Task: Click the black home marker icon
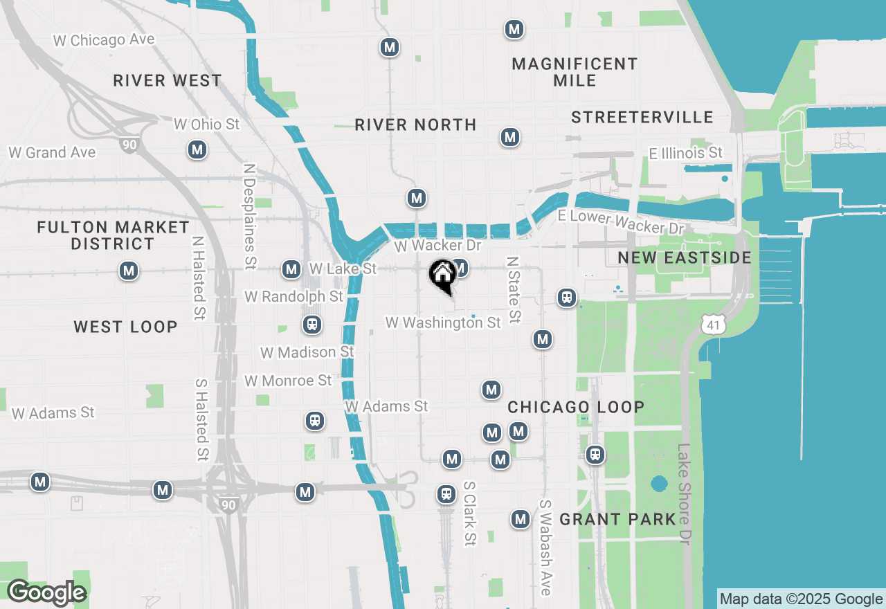(442, 275)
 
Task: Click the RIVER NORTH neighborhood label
(415, 125)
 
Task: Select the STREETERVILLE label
(642, 118)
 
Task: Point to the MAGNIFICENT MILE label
(575, 73)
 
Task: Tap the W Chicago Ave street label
(104, 40)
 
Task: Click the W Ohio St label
(206, 125)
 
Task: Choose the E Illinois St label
(685, 153)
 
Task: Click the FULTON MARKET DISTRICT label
(114, 235)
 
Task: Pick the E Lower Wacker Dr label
(621, 221)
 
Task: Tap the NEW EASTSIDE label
(684, 258)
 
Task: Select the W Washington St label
(443, 323)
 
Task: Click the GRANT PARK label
(617, 519)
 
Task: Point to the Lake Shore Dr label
(685, 494)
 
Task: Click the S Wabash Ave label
(545, 547)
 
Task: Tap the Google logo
(46, 592)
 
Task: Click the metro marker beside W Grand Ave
(197, 149)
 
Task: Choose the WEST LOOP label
(125, 327)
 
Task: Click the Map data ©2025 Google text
(800, 599)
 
